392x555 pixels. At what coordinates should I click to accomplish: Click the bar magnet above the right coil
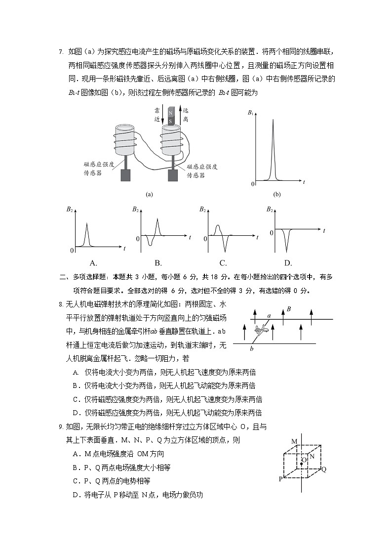click(x=171, y=116)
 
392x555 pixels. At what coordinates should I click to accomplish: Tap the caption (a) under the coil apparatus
click(x=149, y=195)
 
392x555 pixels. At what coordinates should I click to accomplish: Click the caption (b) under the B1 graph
click(x=276, y=195)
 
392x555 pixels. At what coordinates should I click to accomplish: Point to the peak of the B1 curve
click(x=273, y=120)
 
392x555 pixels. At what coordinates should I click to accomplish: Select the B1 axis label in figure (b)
click(x=250, y=113)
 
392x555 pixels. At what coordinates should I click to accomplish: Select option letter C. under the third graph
click(x=223, y=263)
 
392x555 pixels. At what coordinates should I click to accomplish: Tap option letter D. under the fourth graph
click(x=288, y=263)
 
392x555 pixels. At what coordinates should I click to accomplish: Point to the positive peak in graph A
click(x=87, y=225)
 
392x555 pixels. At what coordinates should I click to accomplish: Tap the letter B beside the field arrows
click(x=289, y=309)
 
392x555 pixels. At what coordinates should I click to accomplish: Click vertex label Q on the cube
click(x=324, y=470)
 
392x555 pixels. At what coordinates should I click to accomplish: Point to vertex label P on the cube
click(x=280, y=479)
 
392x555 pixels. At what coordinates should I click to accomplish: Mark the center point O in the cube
click(x=302, y=464)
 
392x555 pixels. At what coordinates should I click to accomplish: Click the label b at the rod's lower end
click(x=252, y=349)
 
